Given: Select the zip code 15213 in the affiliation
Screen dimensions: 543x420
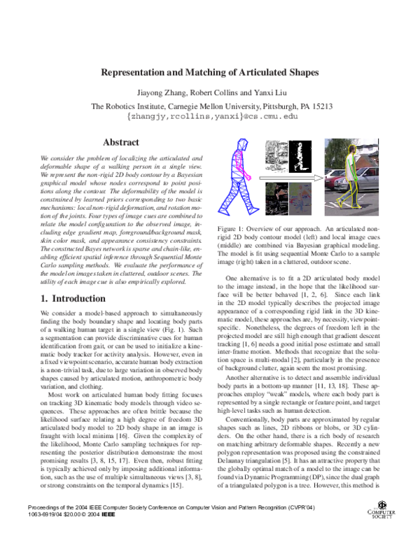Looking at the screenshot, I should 319,106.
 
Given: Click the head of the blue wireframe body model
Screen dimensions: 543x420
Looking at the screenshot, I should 242,145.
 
